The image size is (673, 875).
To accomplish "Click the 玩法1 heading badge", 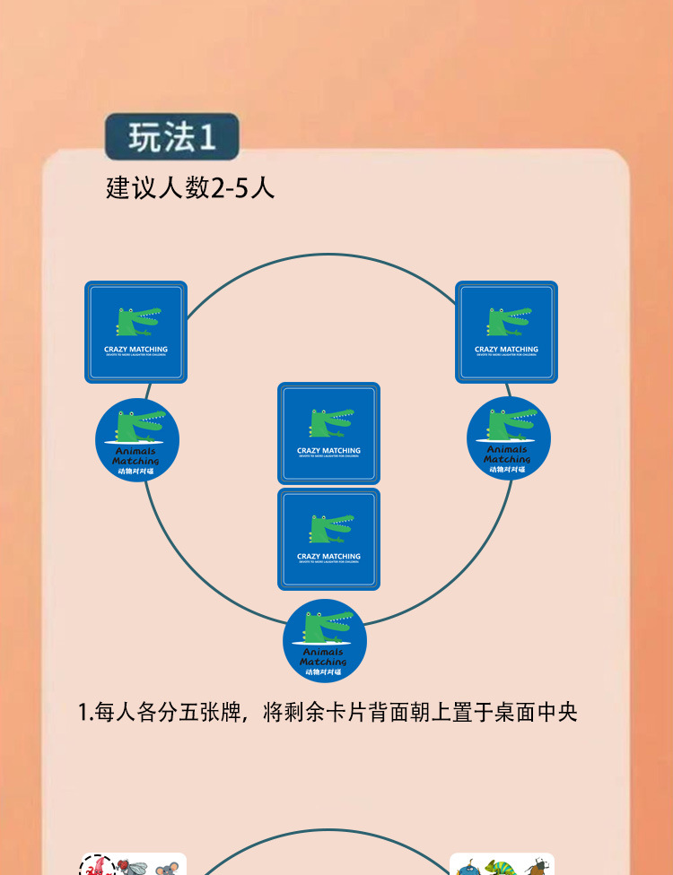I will [x=171, y=136].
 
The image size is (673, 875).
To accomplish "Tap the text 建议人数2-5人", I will [x=190, y=188].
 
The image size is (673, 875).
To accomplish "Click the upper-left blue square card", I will [x=136, y=332].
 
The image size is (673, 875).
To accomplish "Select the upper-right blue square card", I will [x=506, y=332].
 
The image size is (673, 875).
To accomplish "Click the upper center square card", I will [x=328, y=434].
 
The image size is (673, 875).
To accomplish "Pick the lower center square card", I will [x=328, y=539].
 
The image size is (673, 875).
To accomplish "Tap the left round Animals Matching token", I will [x=137, y=440].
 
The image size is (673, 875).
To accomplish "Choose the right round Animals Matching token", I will [x=508, y=438].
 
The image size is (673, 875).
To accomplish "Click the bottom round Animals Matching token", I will [x=325, y=640].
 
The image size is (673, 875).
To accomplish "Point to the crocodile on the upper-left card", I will [x=137, y=321].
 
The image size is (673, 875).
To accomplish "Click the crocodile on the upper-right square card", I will [x=508, y=321].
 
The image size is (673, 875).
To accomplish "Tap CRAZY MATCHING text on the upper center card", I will [x=328, y=451].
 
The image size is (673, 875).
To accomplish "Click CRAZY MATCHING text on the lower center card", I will [x=328, y=557].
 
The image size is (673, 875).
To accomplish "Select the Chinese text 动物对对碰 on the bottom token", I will [x=324, y=671].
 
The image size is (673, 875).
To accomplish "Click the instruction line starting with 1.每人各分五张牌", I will [x=328, y=713].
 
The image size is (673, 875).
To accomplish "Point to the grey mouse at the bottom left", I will [x=167, y=868].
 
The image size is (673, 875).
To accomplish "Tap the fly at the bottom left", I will [x=132, y=867].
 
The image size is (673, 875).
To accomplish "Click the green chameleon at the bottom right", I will [x=498, y=868].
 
